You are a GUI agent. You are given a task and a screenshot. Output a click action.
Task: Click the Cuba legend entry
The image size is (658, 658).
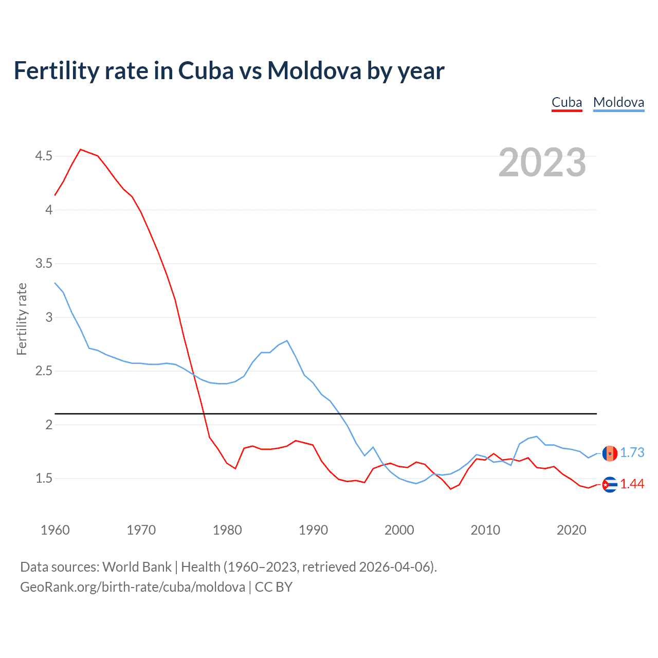point(566,102)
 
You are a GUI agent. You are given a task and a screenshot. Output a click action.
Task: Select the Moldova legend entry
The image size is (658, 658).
point(618,102)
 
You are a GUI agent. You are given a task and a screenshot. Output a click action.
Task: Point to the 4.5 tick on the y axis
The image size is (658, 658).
point(44,156)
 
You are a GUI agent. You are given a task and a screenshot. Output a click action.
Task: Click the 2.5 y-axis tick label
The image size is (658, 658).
point(44,371)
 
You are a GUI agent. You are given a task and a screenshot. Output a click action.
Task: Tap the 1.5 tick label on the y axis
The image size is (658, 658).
point(44,479)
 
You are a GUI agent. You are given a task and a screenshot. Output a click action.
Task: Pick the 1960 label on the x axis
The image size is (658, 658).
point(55,530)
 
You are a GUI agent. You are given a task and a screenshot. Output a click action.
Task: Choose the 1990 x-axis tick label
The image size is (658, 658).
point(313,530)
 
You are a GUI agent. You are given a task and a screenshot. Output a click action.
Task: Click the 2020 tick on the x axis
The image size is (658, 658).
point(571,530)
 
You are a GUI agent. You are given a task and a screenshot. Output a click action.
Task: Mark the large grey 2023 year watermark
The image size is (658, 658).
point(542,162)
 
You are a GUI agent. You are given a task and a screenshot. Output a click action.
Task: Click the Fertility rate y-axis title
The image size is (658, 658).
point(22,319)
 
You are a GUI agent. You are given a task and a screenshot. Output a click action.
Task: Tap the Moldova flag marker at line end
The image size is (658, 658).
point(610,453)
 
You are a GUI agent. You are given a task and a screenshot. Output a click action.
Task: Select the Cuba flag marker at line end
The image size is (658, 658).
point(610,484)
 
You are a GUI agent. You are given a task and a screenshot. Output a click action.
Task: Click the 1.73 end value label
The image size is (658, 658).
point(632,452)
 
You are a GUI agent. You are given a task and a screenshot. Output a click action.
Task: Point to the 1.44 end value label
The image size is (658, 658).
point(632,484)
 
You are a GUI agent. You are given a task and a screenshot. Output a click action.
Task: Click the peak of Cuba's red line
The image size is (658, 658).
point(81,150)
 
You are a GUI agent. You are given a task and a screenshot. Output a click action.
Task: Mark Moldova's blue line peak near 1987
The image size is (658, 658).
point(287,341)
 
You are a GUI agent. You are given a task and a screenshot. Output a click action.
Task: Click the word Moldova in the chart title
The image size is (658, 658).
point(314,70)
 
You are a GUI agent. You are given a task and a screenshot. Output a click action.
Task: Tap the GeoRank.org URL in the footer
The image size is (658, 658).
point(133,587)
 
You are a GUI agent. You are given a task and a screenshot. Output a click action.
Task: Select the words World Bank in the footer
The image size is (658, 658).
point(137,567)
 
